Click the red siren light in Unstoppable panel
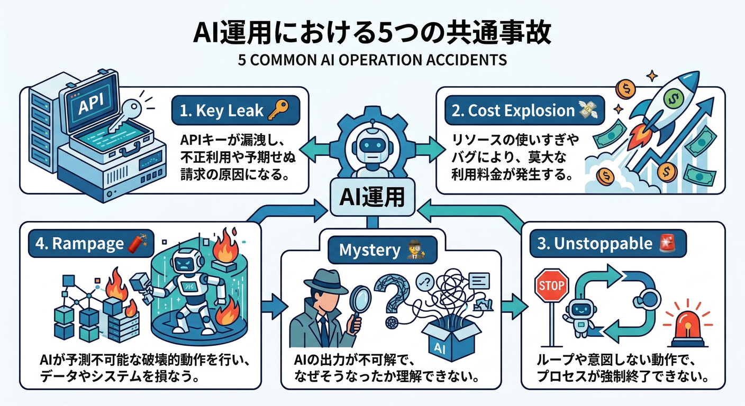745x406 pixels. click(x=686, y=327)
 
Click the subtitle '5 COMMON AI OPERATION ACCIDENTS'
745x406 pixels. click(x=372, y=60)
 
